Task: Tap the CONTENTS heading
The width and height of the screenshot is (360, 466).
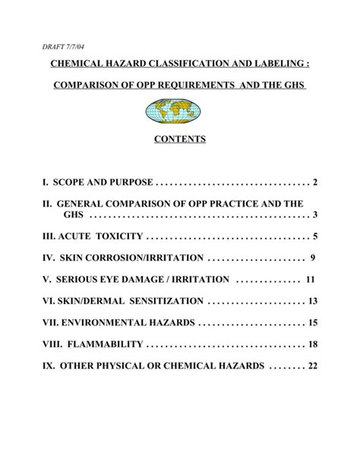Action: point(175,141)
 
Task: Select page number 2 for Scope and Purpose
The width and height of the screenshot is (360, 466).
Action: point(314,183)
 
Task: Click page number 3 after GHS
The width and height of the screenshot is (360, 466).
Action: point(314,216)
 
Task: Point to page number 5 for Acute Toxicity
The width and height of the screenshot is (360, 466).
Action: point(314,236)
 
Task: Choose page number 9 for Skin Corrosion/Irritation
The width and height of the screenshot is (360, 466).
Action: point(312,258)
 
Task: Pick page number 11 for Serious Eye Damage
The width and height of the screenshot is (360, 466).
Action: point(311,279)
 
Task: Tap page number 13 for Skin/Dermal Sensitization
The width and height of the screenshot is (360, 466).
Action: point(311,300)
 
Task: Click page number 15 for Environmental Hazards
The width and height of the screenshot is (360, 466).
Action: point(312,322)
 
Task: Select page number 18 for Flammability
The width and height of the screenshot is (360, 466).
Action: point(312,344)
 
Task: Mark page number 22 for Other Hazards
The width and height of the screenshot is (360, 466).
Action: point(312,365)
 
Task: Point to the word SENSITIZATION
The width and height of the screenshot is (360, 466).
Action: point(163,300)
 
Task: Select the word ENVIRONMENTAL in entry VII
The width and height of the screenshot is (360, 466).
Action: point(107,322)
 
